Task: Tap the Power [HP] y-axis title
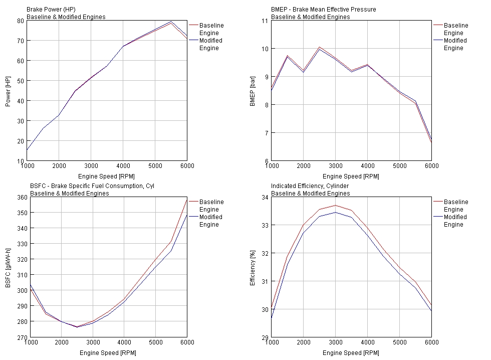[x=8, y=91]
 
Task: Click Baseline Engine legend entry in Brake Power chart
[x=211, y=29]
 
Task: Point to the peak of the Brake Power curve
[x=171, y=22]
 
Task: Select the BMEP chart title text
[x=316, y=10]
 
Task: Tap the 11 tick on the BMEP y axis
[x=265, y=21]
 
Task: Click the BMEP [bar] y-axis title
[x=253, y=91]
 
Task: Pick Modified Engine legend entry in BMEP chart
[x=455, y=44]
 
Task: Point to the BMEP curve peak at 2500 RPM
[x=319, y=47]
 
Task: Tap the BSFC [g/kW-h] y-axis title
[x=8, y=267]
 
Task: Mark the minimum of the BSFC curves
[x=77, y=326]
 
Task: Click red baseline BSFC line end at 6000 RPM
[x=186, y=200]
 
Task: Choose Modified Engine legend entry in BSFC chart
[x=211, y=221]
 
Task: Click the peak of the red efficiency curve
[x=335, y=205]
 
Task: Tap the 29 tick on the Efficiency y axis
[x=265, y=337]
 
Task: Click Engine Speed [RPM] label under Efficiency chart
[x=351, y=353]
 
